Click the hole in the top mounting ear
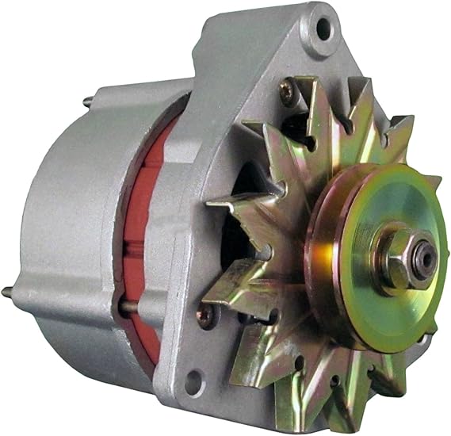[323, 29]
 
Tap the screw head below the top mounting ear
[285, 94]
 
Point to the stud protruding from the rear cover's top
[87, 101]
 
